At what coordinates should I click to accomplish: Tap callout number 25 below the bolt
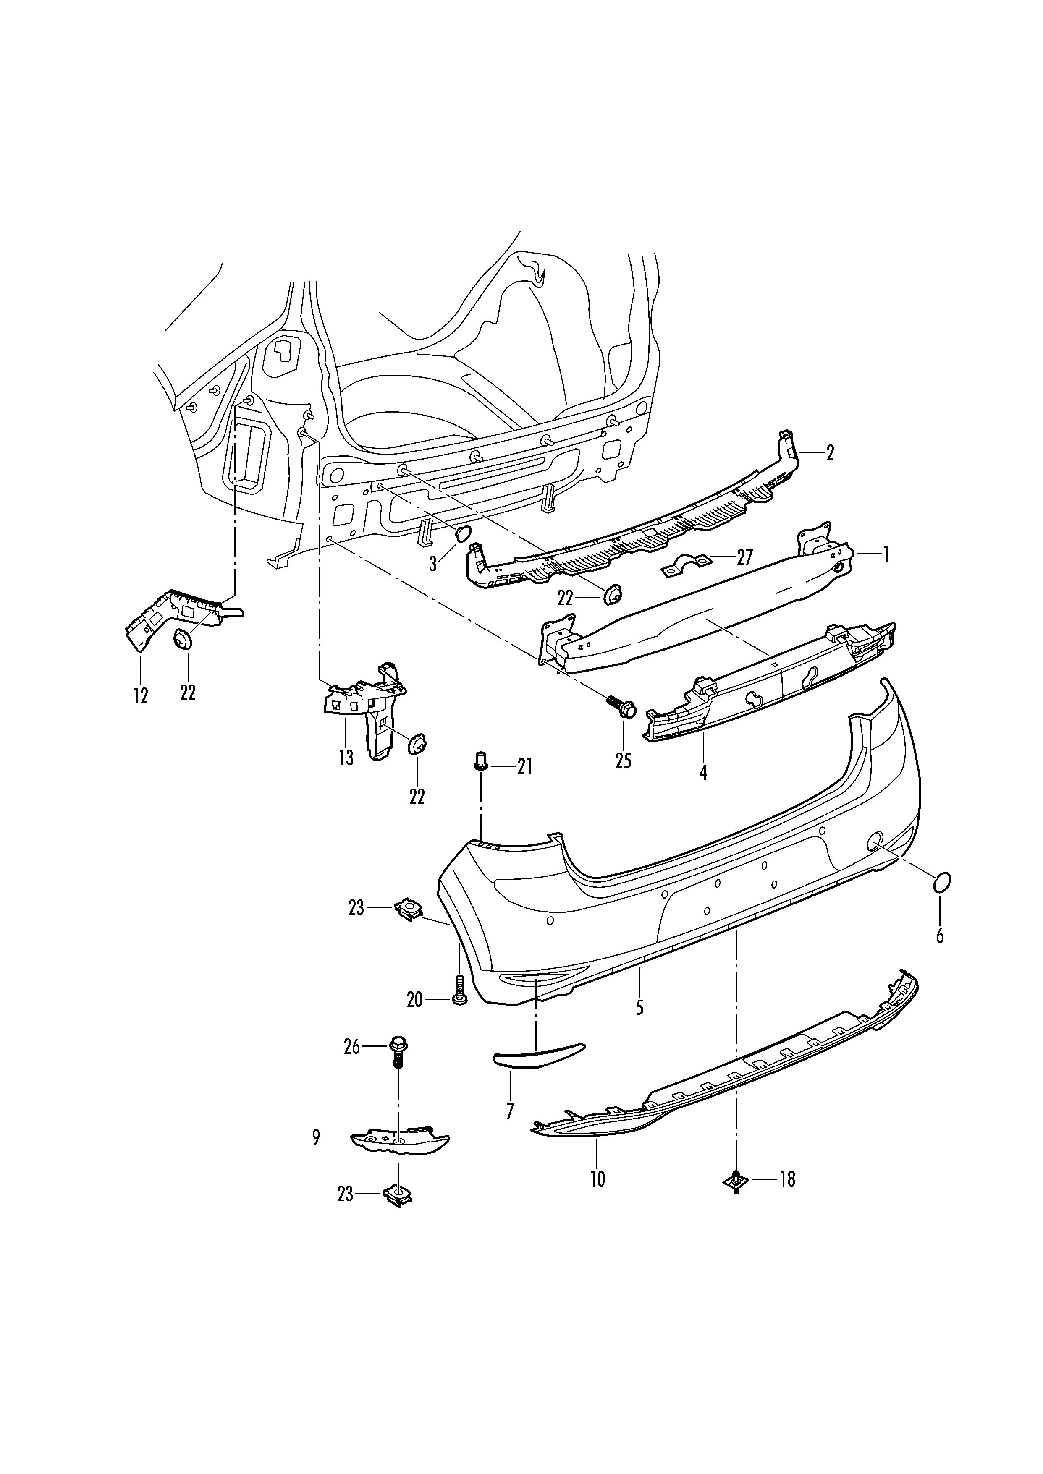click(x=623, y=761)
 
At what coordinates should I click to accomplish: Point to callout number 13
click(x=346, y=758)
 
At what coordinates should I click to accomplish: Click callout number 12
click(x=141, y=695)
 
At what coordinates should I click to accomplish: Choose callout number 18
click(x=787, y=1179)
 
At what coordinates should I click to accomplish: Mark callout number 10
click(x=597, y=1179)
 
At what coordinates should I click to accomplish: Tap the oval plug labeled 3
click(x=464, y=534)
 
